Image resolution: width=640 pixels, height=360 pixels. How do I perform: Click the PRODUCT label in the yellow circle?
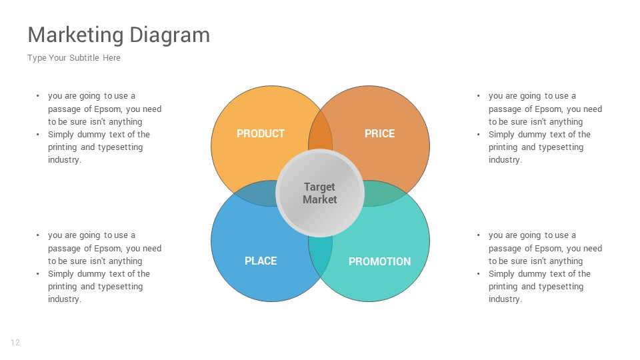(260, 134)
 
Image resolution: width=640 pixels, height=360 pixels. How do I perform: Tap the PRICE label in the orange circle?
(379, 134)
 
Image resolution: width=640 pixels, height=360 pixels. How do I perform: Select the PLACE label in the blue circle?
(260, 261)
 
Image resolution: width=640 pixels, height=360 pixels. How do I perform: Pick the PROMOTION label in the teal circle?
(379, 261)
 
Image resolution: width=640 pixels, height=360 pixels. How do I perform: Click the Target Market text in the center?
(320, 193)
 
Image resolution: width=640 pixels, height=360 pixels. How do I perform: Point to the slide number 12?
(15, 343)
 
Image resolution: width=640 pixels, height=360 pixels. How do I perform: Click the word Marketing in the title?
(75, 35)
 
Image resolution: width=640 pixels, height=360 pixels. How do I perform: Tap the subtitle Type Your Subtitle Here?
(74, 58)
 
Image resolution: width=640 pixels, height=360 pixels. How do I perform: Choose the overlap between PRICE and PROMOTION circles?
(385, 194)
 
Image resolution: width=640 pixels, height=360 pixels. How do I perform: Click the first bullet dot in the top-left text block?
(38, 96)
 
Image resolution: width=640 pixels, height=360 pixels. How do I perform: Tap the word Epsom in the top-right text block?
(548, 109)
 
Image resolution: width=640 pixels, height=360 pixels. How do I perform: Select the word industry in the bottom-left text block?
(63, 299)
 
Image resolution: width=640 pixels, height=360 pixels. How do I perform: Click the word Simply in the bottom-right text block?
(502, 274)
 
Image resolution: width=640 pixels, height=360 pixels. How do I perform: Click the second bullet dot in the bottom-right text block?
(479, 274)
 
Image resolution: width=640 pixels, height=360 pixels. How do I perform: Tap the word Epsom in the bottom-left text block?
(107, 249)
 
